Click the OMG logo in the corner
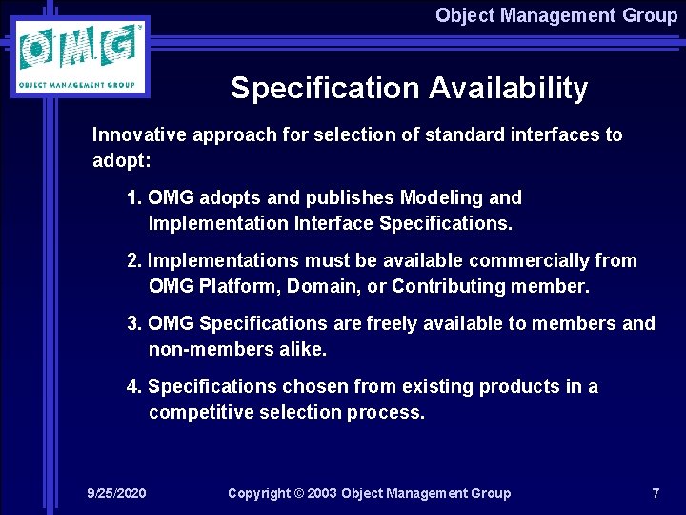(81, 56)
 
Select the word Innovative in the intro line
(140, 134)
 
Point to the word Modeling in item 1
(442, 197)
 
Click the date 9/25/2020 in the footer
(116, 493)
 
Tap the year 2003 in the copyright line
(318, 493)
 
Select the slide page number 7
(656, 493)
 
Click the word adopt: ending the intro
(117, 160)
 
